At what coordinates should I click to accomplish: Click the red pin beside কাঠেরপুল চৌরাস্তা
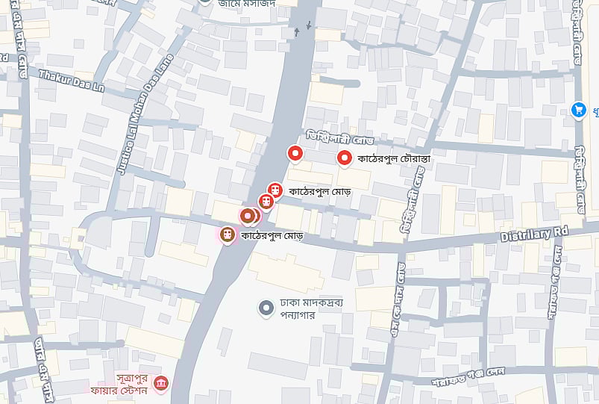click(x=344, y=158)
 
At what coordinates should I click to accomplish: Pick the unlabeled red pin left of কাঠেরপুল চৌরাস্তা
click(x=295, y=154)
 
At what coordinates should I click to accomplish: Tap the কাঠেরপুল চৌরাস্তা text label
click(x=395, y=158)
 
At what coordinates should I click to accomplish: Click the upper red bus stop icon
click(x=275, y=190)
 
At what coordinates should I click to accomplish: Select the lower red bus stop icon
click(x=266, y=201)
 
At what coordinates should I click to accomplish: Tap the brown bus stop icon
click(x=227, y=235)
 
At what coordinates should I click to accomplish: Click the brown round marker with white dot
click(x=248, y=216)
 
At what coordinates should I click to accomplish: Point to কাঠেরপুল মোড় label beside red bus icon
click(x=323, y=191)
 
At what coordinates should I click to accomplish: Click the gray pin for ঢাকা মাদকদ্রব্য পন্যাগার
click(x=266, y=308)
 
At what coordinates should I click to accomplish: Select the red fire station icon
click(x=160, y=384)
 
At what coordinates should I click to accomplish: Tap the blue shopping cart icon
click(x=577, y=110)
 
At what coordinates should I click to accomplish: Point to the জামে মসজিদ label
click(x=246, y=4)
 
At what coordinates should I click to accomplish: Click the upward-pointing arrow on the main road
click(x=297, y=31)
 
